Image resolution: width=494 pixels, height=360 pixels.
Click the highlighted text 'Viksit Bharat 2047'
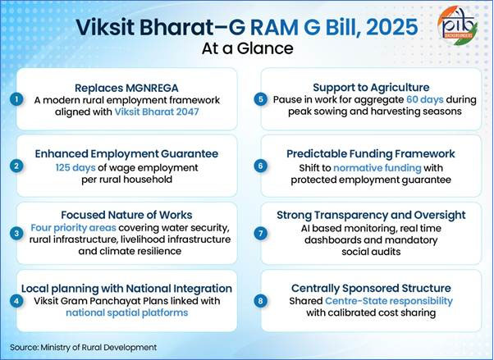[162, 113]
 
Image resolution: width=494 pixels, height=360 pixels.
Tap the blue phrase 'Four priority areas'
[70, 226]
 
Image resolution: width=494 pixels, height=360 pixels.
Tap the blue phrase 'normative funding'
[364, 166]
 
